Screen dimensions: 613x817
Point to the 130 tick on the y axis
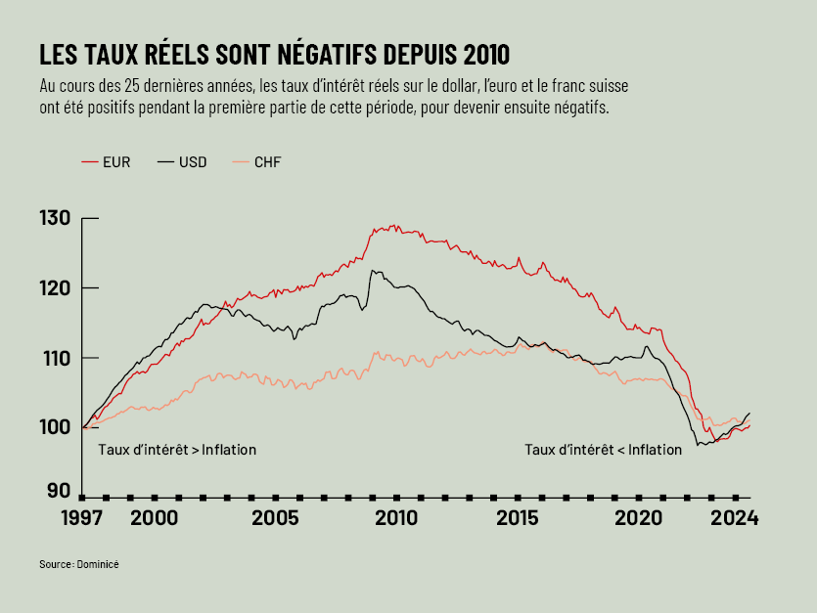click(x=55, y=218)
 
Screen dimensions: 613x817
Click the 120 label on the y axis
click(x=55, y=288)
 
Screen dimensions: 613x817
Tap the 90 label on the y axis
click(x=59, y=491)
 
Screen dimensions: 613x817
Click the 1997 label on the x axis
click(x=81, y=518)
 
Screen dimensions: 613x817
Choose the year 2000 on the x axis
click(x=154, y=518)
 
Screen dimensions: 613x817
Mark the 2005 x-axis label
click(x=275, y=518)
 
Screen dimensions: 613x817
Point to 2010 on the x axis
click(x=396, y=518)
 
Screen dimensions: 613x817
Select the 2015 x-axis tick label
click(x=518, y=518)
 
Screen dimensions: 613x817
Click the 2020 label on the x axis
click(x=639, y=518)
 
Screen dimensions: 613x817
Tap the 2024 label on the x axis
click(x=735, y=518)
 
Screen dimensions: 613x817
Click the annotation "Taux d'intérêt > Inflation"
click(x=177, y=450)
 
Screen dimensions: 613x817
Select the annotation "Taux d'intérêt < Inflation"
click(x=603, y=450)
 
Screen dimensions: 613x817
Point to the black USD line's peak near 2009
click(x=373, y=271)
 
